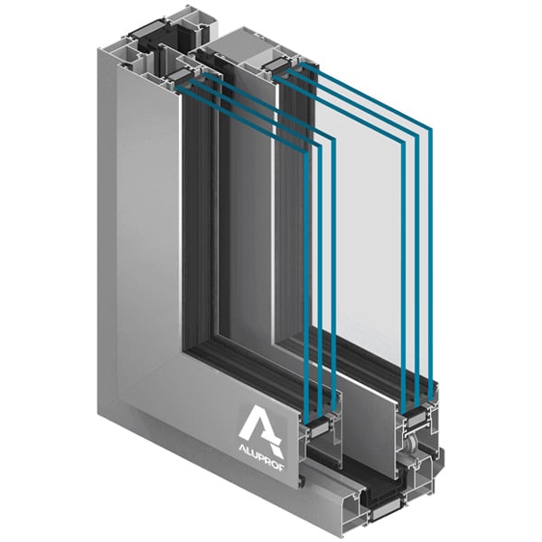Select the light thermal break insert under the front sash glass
coord(321,430)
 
